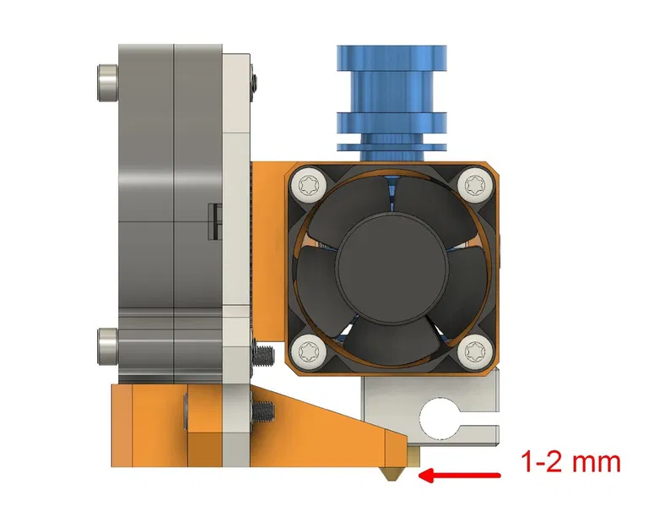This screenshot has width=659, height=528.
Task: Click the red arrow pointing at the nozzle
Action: pyautogui.click(x=461, y=476)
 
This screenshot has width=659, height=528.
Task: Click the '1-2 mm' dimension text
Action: pyautogui.click(x=570, y=462)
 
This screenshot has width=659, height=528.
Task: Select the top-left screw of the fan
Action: pyautogui.click(x=308, y=184)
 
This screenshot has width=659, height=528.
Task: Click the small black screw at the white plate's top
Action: pyautogui.click(x=252, y=81)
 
